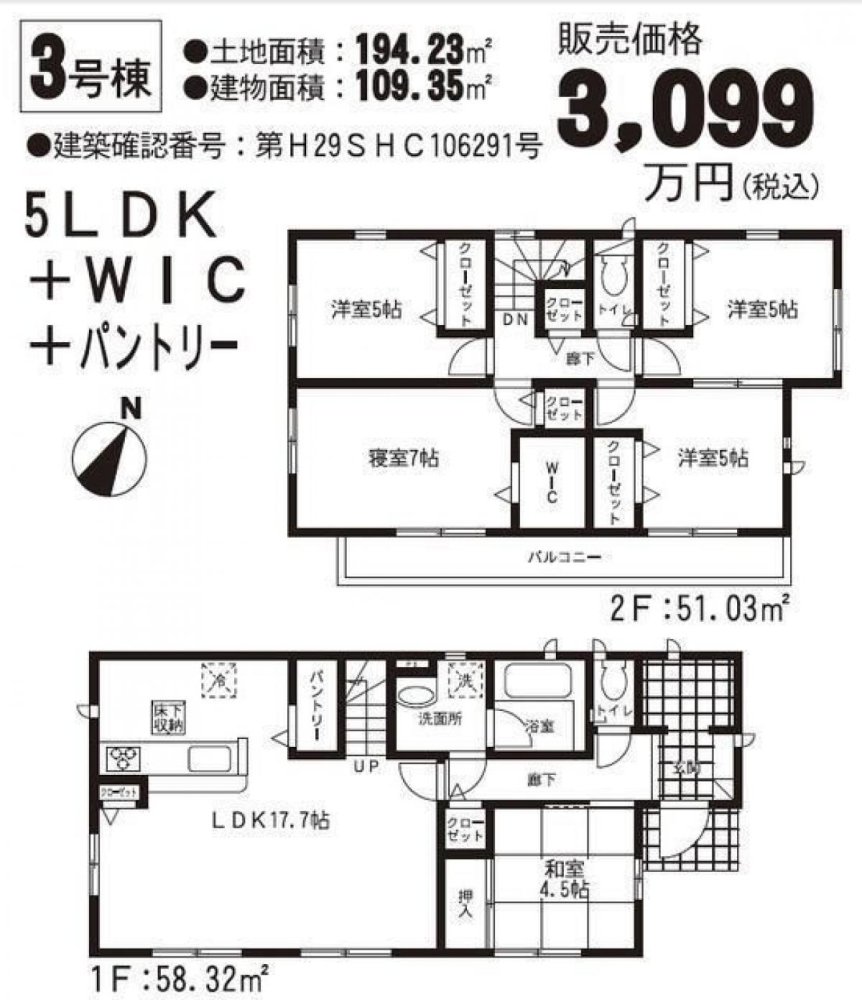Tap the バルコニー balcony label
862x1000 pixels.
coord(564,558)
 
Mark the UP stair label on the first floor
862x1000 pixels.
coord(361,768)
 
